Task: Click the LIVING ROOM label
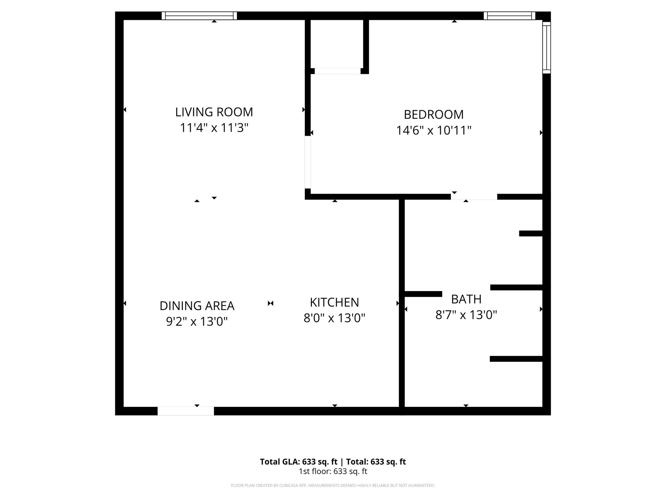coord(214,112)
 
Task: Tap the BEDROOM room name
coord(434,114)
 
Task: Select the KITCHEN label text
coord(334,302)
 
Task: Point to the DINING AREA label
coord(197,306)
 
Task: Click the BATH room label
coord(466,299)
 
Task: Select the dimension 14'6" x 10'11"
coord(434,131)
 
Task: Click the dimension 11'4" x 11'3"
coord(214,128)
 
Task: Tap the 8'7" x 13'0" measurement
coord(466,315)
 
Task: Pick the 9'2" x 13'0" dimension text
coord(197,322)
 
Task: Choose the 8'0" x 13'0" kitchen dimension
coord(334,318)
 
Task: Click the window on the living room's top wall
coord(199,16)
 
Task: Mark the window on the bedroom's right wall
coord(546,47)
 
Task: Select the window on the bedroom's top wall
coord(509,16)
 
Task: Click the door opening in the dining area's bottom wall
coord(186,411)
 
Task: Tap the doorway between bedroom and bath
coord(474,197)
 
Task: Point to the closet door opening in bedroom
coord(338,71)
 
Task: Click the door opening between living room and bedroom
coord(308,162)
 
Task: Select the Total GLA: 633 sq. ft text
coord(298,462)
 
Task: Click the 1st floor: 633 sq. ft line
coord(333,471)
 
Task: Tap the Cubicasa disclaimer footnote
coord(333,485)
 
